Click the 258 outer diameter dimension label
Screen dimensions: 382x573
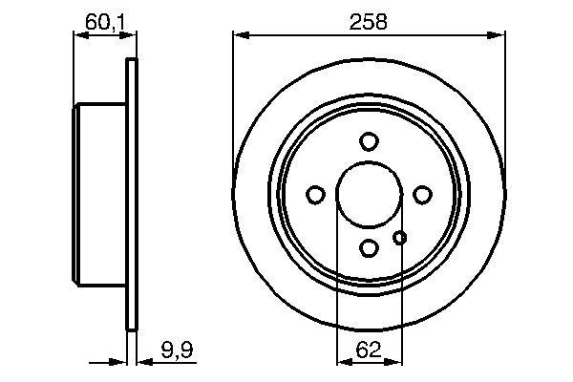(x=369, y=21)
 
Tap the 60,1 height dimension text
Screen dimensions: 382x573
(x=101, y=22)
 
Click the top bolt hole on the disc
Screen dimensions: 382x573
(x=369, y=141)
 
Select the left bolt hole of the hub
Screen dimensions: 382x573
(x=315, y=195)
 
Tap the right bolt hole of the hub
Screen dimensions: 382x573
(x=422, y=195)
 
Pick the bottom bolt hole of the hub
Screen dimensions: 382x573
(x=369, y=248)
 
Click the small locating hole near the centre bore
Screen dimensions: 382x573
(x=401, y=238)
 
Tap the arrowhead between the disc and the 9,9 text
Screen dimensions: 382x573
(x=143, y=362)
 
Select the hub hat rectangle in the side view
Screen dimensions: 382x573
(x=99, y=195)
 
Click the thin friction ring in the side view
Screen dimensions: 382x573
(x=132, y=195)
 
